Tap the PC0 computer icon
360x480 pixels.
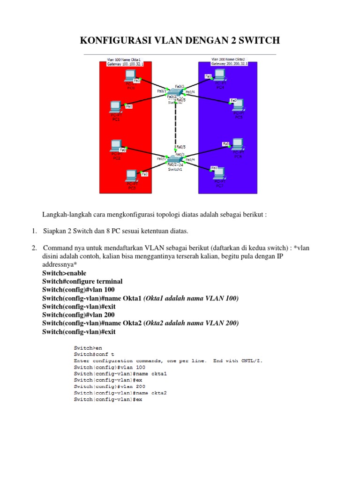click(x=130, y=75)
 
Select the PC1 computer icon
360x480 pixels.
click(x=116, y=106)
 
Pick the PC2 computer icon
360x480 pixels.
click(x=116, y=145)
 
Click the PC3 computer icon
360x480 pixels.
click(x=131, y=176)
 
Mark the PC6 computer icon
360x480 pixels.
click(x=238, y=143)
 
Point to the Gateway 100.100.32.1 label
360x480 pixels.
click(x=125, y=64)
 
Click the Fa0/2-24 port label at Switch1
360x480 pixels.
click(x=176, y=165)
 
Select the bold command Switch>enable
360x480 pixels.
click(x=64, y=273)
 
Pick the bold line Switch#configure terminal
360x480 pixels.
click(x=82, y=281)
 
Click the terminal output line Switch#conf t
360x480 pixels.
click(x=94, y=354)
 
